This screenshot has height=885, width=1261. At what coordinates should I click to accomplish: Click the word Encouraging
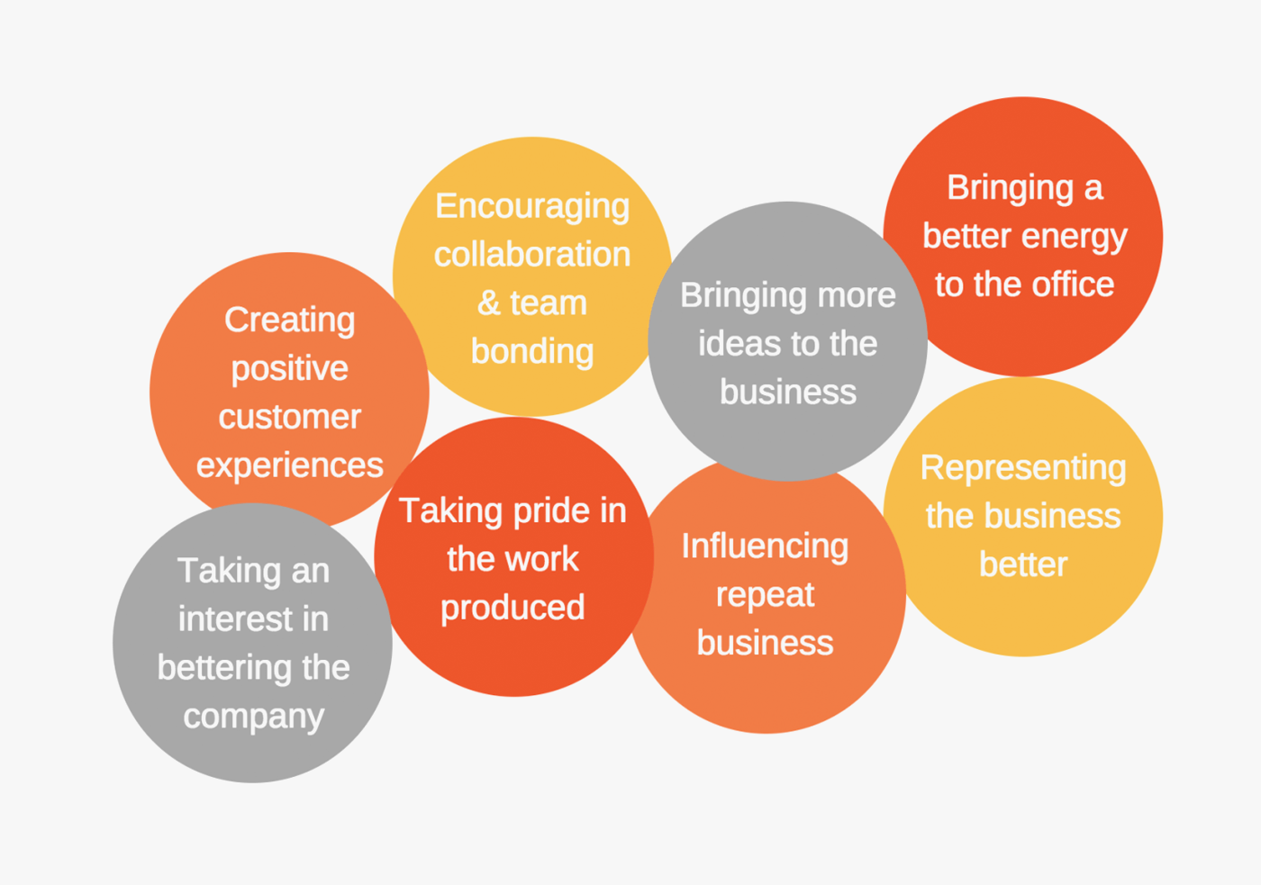coord(532,207)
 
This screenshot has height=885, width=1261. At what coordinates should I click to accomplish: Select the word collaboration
coord(532,255)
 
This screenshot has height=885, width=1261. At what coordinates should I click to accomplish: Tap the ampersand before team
coord(488,303)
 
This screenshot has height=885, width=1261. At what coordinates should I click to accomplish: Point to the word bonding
coord(532,352)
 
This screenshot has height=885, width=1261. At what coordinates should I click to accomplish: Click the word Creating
coord(289,321)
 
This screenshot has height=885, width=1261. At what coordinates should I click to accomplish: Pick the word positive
coord(289,369)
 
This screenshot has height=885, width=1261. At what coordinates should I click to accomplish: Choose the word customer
coord(289,417)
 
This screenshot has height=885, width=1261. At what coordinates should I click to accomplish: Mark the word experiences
coord(289,465)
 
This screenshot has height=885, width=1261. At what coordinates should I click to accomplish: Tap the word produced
coord(513,609)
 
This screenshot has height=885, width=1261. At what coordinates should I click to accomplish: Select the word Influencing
coord(765,546)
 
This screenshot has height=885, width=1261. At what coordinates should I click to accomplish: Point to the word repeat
coord(765,595)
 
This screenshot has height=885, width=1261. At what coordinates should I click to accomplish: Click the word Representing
coord(1023,468)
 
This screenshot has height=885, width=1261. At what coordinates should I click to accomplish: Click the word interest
coord(235,619)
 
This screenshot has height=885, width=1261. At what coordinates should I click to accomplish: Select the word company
coord(253,717)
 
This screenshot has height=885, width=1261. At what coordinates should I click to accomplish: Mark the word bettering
coord(225,668)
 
